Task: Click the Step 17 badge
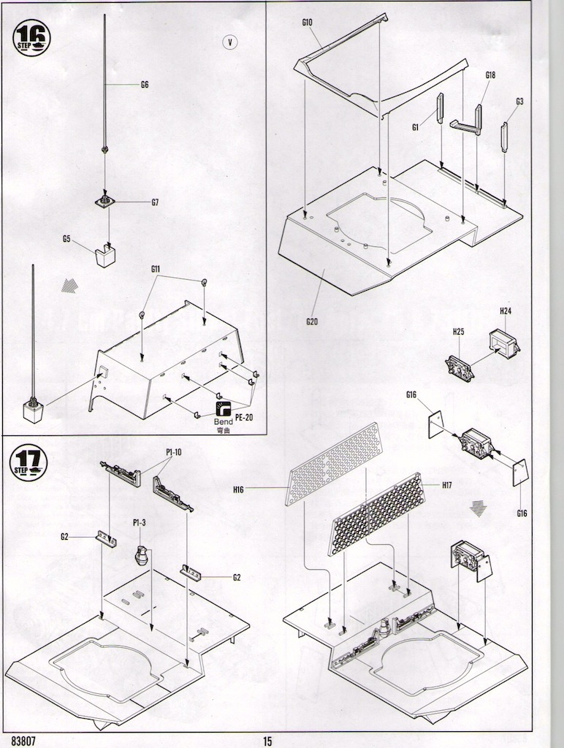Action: point(29,464)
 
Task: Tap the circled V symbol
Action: point(229,42)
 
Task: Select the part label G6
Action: point(145,85)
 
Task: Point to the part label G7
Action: point(155,202)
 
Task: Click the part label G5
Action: point(66,238)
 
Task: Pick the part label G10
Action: point(307,23)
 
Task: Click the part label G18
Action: point(490,75)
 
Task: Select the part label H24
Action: point(505,311)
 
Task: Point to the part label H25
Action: point(458,331)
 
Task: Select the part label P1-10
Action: point(173,452)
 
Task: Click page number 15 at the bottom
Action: point(267,741)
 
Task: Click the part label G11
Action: point(156,270)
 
